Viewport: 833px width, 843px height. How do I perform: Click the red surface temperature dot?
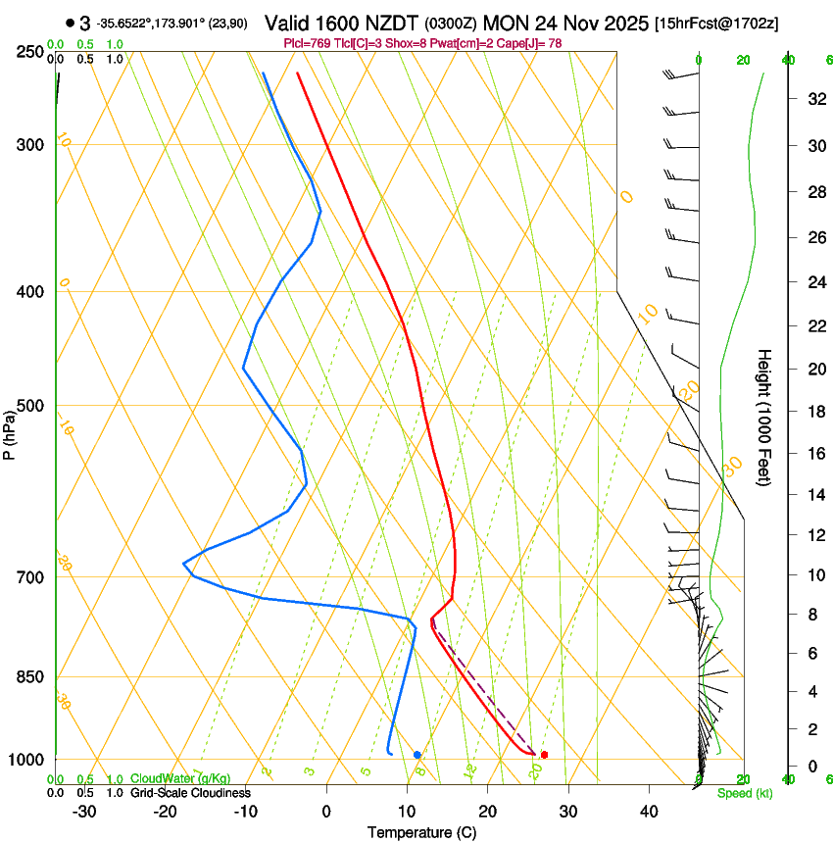(x=544, y=755)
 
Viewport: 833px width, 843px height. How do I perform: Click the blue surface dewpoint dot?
(x=417, y=755)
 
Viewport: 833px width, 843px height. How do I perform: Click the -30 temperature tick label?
(x=84, y=812)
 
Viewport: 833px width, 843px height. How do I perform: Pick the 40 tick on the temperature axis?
(x=649, y=812)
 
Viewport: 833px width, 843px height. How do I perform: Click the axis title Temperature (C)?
(x=421, y=832)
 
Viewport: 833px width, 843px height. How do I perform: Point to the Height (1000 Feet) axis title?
(x=764, y=418)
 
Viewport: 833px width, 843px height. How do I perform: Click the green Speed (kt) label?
(x=744, y=793)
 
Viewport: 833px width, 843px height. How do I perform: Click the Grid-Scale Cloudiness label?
(x=190, y=793)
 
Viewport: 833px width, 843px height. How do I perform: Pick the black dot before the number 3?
(x=71, y=23)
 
